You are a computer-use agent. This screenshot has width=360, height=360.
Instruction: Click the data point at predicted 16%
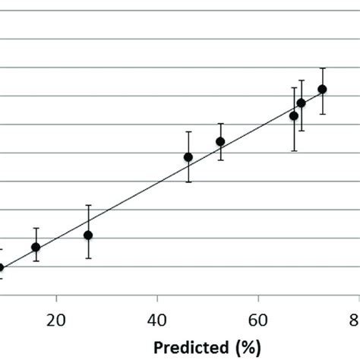[36, 247]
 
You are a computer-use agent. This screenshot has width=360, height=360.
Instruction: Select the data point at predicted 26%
[88, 235]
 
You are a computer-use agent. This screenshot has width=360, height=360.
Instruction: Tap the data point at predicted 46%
[188, 157]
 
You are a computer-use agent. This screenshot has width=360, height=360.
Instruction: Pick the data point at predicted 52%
[220, 141]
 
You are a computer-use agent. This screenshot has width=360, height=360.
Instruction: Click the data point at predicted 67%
[294, 116]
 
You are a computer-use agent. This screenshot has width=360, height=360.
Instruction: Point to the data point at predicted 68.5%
[302, 103]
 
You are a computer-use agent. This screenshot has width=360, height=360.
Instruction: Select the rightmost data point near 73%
[323, 90]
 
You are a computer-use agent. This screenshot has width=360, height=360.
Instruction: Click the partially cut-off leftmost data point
[2, 267]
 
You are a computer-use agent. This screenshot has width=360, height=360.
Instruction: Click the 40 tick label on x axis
[157, 320]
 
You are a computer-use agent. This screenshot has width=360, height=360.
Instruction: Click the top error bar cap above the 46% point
[188, 132]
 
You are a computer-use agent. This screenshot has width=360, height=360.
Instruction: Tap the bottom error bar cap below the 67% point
[294, 151]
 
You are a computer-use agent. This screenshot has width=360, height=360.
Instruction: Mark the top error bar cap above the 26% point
[88, 205]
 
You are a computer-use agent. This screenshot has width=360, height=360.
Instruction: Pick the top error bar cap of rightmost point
[323, 68]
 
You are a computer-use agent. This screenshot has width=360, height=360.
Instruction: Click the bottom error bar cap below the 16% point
[36, 261]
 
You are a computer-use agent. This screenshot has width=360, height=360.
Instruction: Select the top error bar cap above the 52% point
[220, 123]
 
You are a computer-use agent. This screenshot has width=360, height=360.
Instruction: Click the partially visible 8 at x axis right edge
[355, 320]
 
